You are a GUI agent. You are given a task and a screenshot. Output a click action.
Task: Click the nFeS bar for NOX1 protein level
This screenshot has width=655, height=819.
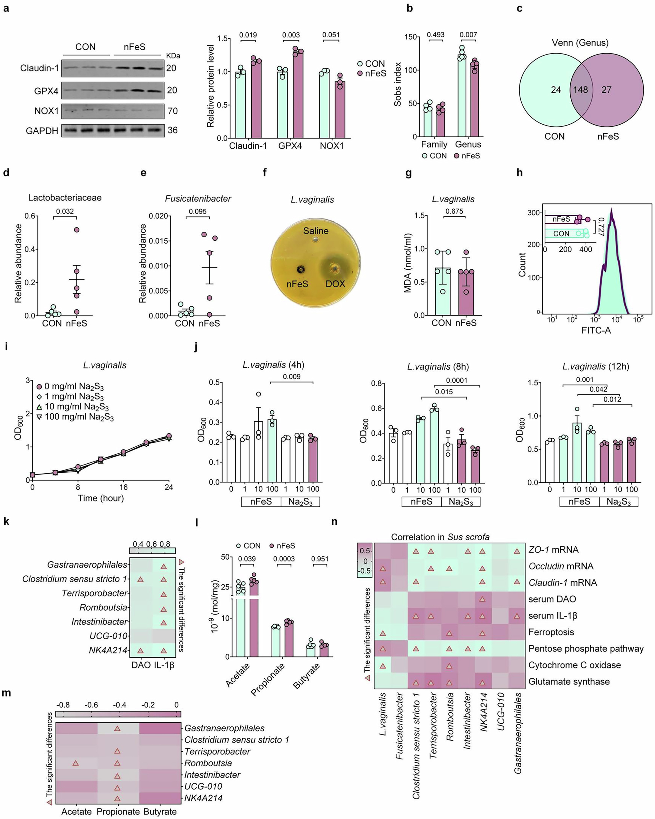tap(340, 110)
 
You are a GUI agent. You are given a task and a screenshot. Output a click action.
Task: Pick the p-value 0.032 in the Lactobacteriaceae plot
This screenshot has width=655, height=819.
tap(65, 211)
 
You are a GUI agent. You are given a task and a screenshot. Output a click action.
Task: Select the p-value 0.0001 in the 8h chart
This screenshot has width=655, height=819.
tap(457, 380)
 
